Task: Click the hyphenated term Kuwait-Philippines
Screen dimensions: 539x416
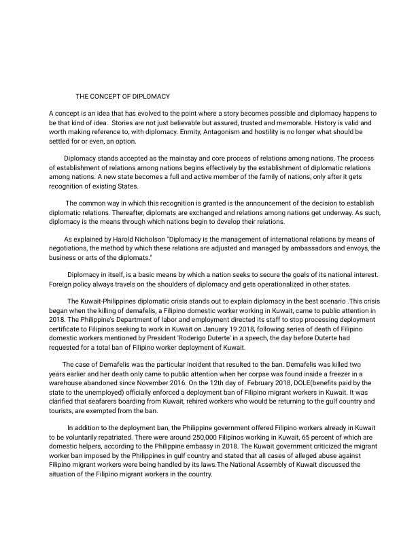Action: click(x=109, y=301)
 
